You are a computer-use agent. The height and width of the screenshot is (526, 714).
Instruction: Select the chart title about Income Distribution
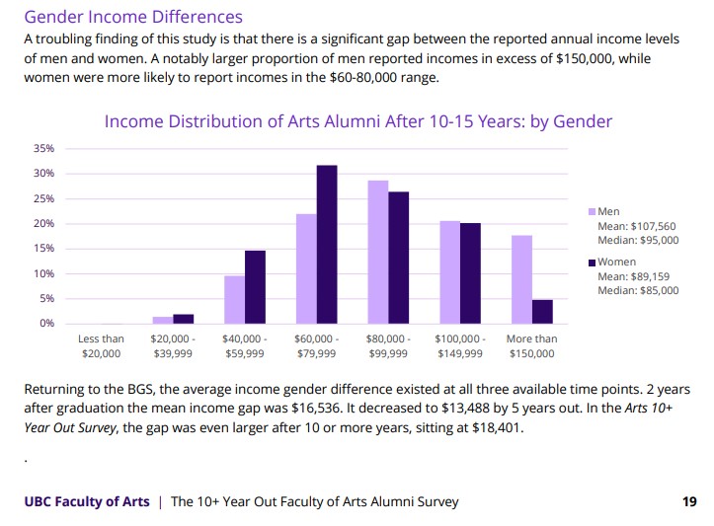click(357, 121)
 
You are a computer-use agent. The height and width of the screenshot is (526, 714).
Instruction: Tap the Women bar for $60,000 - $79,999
click(326, 244)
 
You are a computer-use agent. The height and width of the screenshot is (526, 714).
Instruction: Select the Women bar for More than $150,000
click(542, 312)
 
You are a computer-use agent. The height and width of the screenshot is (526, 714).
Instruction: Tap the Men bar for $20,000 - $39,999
click(162, 320)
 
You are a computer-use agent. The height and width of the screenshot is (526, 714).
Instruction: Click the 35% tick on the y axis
click(44, 148)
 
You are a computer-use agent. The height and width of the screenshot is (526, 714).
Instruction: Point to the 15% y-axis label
click(44, 249)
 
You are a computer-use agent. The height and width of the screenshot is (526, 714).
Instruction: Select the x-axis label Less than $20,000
click(101, 345)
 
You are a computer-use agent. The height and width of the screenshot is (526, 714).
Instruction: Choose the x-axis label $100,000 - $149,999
click(459, 345)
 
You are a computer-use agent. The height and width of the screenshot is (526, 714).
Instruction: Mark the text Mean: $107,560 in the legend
click(638, 226)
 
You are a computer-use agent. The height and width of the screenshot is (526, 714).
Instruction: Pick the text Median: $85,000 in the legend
click(638, 290)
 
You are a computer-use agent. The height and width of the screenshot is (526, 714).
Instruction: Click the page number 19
click(689, 501)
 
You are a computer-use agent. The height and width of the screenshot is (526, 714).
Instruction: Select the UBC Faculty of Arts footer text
click(87, 501)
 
